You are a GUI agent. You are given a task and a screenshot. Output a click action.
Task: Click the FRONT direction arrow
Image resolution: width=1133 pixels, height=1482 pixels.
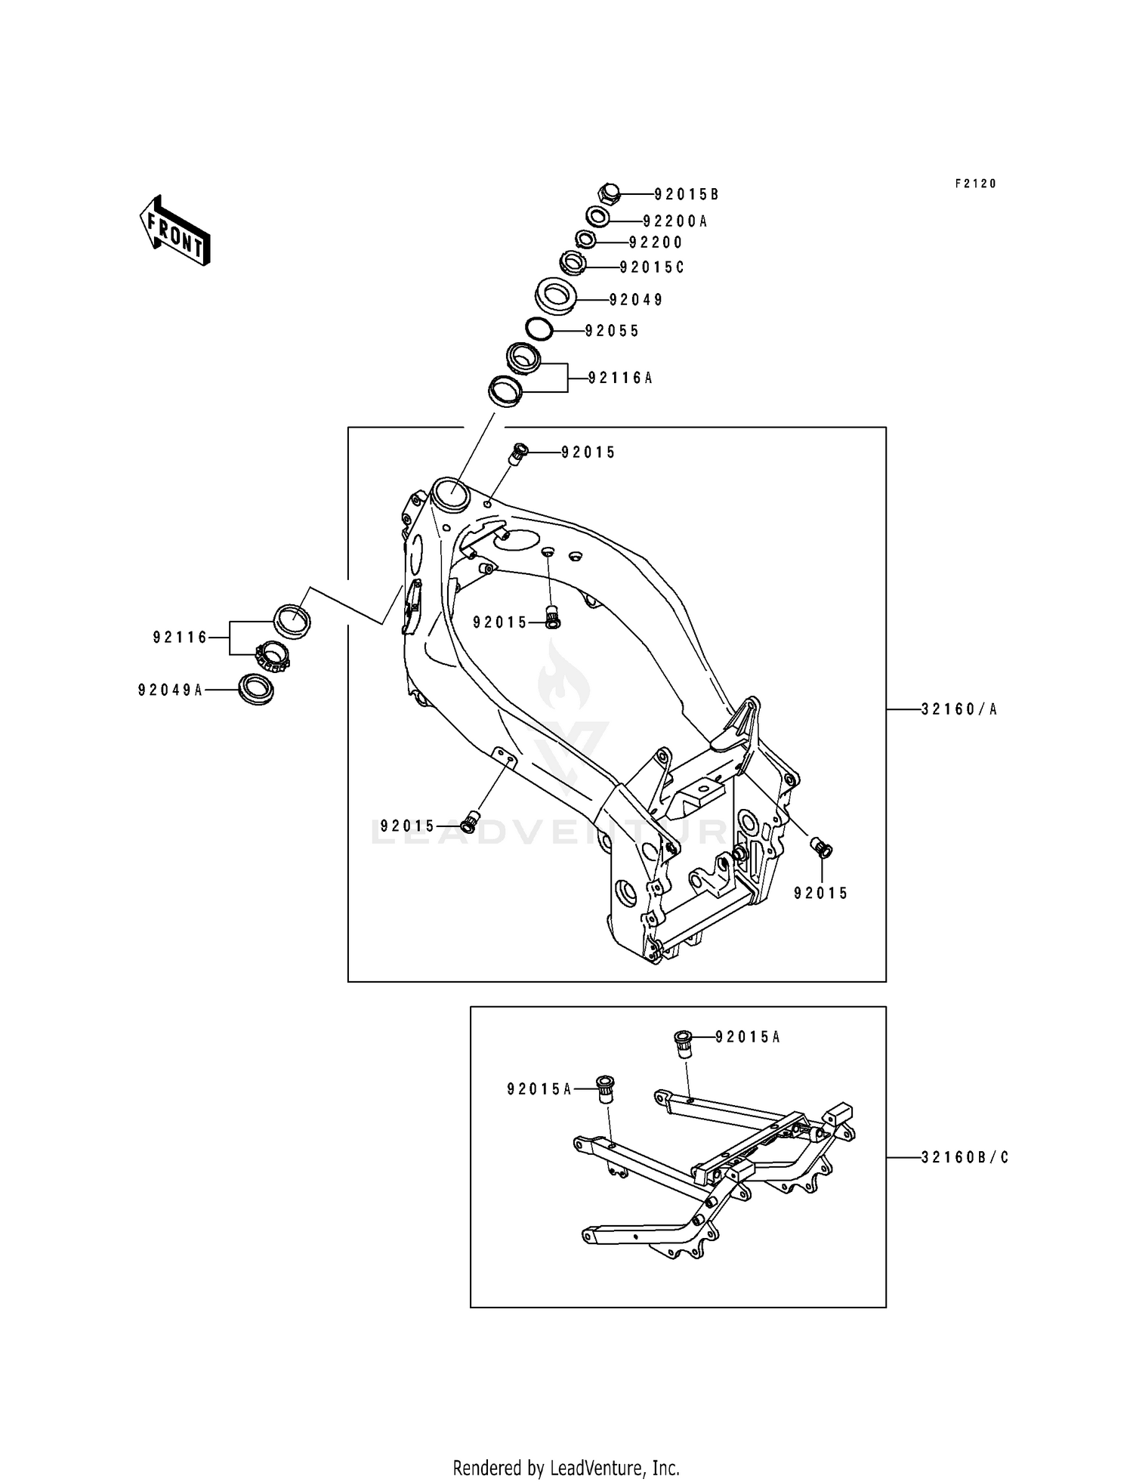pyautogui.click(x=174, y=230)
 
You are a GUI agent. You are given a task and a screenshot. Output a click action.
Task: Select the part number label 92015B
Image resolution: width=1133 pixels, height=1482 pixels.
pyautogui.click(x=686, y=195)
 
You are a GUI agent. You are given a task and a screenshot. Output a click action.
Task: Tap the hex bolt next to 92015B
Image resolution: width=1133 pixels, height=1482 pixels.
pyautogui.click(x=610, y=194)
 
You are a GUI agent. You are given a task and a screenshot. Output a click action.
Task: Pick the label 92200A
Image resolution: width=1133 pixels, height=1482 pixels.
pyautogui.click(x=675, y=221)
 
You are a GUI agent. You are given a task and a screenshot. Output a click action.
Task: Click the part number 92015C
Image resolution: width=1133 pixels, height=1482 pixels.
pyautogui.click(x=651, y=267)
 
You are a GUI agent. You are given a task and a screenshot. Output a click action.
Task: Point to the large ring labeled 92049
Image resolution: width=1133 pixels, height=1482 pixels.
pyautogui.click(x=557, y=295)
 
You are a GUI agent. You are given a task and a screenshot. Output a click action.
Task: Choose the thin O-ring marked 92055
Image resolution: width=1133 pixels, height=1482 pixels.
pyautogui.click(x=539, y=329)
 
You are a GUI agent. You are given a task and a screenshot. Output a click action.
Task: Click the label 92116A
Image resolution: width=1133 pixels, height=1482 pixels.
pyautogui.click(x=620, y=378)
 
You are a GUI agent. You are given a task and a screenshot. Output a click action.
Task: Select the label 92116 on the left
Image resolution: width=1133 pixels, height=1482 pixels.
pyautogui.click(x=180, y=638)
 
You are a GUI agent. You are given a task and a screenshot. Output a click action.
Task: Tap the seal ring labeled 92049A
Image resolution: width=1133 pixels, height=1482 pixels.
pyautogui.click(x=255, y=689)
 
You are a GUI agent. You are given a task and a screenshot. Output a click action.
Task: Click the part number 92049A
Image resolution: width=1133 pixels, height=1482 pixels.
pyautogui.click(x=170, y=690)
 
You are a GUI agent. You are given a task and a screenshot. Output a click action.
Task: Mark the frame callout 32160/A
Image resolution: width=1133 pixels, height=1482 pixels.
pyautogui.click(x=959, y=709)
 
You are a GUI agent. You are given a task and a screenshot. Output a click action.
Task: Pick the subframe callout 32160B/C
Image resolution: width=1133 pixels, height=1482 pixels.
pyautogui.click(x=965, y=1157)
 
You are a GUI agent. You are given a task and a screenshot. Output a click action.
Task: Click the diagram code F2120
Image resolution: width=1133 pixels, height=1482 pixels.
pyautogui.click(x=975, y=184)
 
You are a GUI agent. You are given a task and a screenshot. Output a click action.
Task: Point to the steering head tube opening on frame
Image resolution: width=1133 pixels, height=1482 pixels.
pyautogui.click(x=450, y=490)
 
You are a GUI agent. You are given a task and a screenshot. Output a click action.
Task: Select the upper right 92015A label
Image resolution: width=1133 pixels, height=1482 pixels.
pyautogui.click(x=747, y=1037)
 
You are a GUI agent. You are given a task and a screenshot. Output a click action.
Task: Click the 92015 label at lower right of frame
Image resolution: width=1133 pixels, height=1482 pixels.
pyautogui.click(x=821, y=893)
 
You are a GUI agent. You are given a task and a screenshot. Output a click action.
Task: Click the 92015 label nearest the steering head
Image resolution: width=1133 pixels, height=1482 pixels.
pyautogui.click(x=588, y=452)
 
